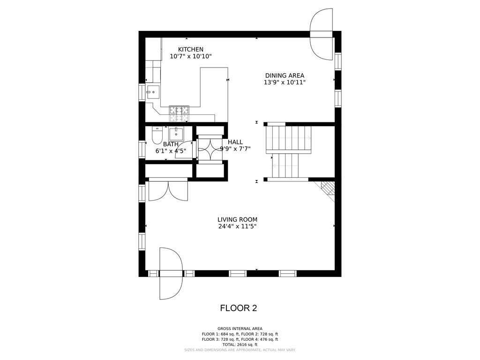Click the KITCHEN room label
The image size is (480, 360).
pos(190,49)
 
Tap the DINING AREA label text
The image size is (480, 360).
pos(285,75)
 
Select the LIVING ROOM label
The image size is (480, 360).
pos(237,219)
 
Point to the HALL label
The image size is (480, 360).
pos(235,142)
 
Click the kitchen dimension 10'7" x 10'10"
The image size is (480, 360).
pos(190,56)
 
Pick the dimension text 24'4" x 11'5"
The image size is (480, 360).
pos(237,226)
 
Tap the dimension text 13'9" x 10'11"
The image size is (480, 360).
pos(285,82)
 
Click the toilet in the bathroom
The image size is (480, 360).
pos(157,135)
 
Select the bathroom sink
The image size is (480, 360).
pos(177,134)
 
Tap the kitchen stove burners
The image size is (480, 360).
pos(179,110)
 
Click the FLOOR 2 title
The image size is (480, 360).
pos(239,308)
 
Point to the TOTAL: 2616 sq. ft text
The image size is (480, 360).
pos(240,345)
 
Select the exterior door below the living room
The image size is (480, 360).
pos(170,274)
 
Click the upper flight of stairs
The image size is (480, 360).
pos(288,138)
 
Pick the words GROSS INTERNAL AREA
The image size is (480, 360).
pos(240,329)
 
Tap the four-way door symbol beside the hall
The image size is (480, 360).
pos(210,149)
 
